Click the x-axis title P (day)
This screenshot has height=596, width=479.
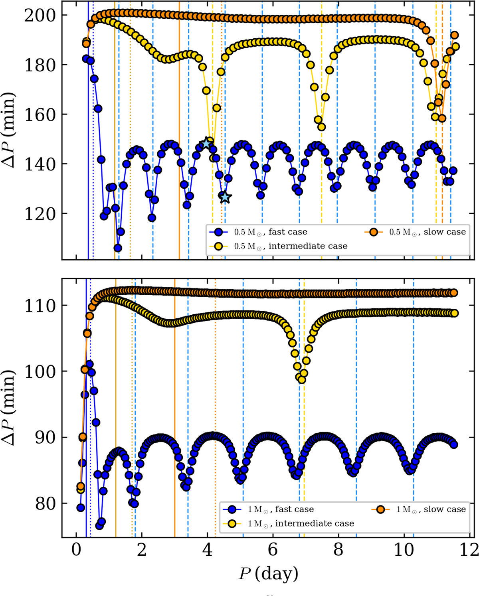pos(268,573)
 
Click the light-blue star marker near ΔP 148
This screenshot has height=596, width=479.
pos(206,143)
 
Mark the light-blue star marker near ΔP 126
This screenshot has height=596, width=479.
pos(225,197)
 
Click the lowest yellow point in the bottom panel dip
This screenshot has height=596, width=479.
pos(302,380)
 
